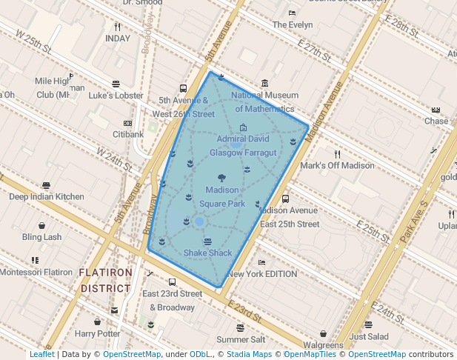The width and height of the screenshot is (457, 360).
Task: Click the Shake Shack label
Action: click(207, 253)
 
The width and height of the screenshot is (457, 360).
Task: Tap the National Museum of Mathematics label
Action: click(264, 102)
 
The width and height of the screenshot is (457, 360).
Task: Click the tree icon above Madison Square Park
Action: click(221, 178)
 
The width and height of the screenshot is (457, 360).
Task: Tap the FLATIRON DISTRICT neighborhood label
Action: click(106, 280)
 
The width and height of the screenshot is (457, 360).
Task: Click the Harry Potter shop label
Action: click(97, 333)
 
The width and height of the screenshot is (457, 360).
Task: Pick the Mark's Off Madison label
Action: click(337, 165)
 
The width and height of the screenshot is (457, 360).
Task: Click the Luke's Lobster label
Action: click(116, 95)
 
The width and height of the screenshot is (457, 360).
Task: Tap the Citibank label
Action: click(127, 134)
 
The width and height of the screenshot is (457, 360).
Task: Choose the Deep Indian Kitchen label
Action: click(46, 196)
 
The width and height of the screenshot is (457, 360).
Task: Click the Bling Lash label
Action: click(41, 237)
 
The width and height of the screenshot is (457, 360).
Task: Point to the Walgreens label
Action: click(323, 344)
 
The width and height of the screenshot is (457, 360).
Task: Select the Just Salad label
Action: click(368, 336)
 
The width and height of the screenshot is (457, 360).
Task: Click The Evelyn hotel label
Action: click(292, 24)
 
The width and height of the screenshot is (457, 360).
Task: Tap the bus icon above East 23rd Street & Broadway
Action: click(172, 282)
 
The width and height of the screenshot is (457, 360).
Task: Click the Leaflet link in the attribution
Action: click(41, 354)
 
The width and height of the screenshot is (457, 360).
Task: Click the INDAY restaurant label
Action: click(118, 38)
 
